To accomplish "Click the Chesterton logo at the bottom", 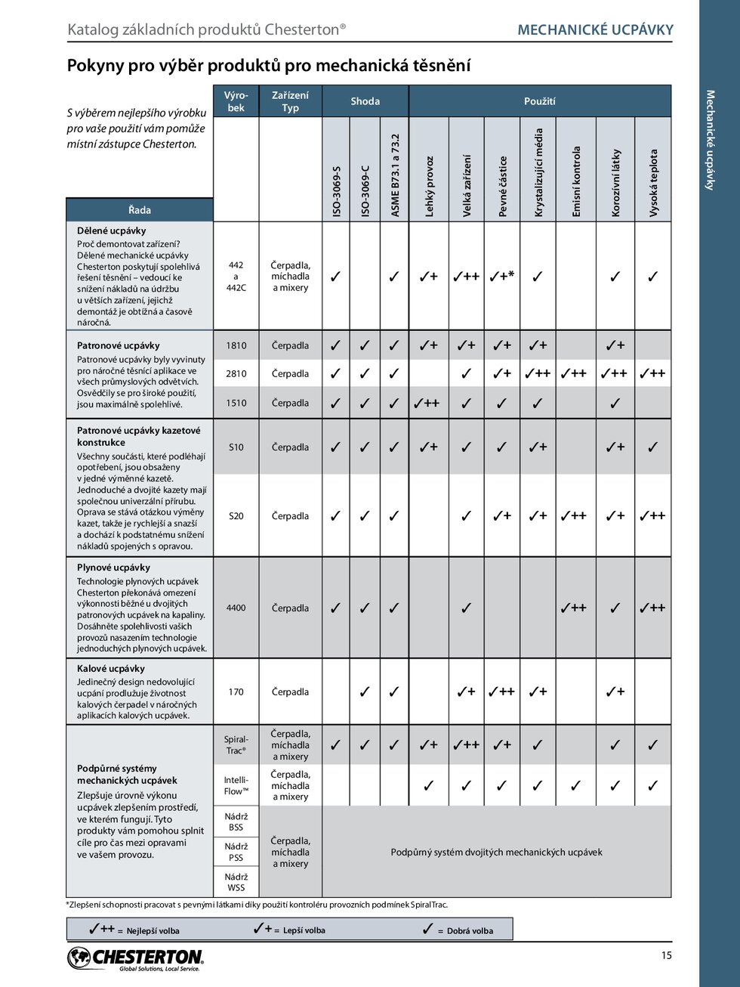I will point(136,958).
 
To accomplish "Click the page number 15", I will point(666,955).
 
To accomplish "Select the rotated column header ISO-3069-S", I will point(336,191).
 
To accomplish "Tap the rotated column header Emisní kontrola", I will point(576,181).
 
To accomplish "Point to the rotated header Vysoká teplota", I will point(654,183).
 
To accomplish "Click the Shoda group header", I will point(365,101).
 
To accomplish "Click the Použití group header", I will point(539,101).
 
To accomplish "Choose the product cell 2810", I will point(236,373).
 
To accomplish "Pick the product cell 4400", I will point(236,608).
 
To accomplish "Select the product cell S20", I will point(236,516).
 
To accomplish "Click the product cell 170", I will point(236,692).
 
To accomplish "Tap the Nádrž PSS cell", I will point(236,852).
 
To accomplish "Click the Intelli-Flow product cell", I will point(236,785).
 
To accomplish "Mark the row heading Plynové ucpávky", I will point(113,568).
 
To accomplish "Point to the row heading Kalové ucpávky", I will point(111,669).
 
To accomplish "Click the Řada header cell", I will point(140,210).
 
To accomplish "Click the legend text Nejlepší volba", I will point(153,931).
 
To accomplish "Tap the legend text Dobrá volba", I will point(470,931).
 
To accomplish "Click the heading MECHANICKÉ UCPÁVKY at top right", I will point(595,30).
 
